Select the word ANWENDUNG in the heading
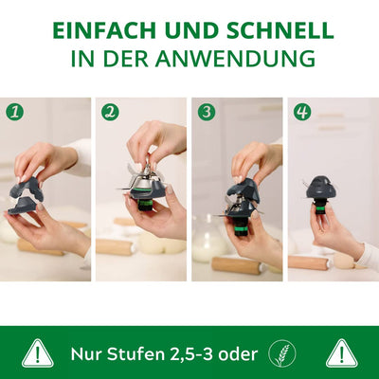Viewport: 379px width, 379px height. [235, 58]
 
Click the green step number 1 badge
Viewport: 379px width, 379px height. [14, 113]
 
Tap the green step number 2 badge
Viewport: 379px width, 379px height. [110, 113]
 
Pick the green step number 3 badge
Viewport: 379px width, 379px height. [207, 113]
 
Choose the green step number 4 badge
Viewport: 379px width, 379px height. [302, 113]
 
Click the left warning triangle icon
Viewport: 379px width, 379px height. [38, 354]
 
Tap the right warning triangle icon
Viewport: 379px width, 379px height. [341, 354]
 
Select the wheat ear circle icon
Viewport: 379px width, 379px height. [282, 353]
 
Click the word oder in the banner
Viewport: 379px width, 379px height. [238, 354]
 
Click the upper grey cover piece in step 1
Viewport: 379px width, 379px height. [30, 189]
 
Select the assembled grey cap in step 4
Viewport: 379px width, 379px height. [318, 189]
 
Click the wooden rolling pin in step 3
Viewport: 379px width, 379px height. [236, 264]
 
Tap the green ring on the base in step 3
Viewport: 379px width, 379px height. [241, 228]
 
